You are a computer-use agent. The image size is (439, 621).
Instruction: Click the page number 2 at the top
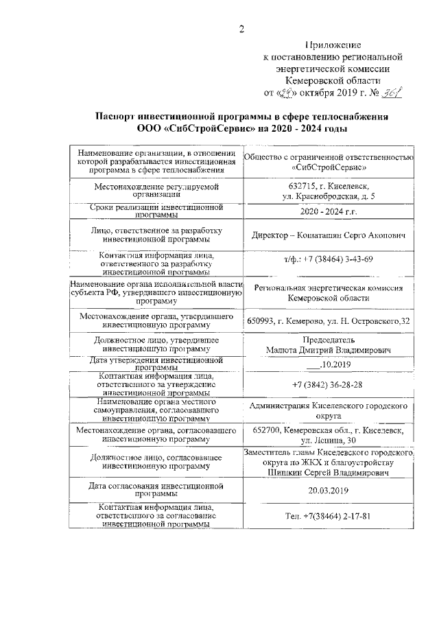click(x=241, y=29)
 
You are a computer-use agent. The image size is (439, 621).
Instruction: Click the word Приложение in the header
click(x=333, y=45)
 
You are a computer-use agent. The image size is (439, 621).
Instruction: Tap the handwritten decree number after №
click(x=392, y=92)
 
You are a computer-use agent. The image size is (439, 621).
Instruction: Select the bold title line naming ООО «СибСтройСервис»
click(x=242, y=128)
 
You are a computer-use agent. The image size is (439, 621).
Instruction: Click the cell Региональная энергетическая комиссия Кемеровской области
click(x=328, y=294)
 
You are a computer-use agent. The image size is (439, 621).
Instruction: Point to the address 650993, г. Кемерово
click(x=328, y=322)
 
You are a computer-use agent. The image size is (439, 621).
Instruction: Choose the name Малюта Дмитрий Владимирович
click(x=329, y=351)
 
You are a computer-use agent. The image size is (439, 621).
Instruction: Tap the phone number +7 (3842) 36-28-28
click(x=328, y=385)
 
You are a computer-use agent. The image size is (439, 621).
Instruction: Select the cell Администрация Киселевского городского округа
click(x=328, y=411)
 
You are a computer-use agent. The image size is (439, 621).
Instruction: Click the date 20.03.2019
click(x=328, y=491)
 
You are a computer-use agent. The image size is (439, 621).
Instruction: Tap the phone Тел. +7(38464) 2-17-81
click(x=328, y=515)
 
